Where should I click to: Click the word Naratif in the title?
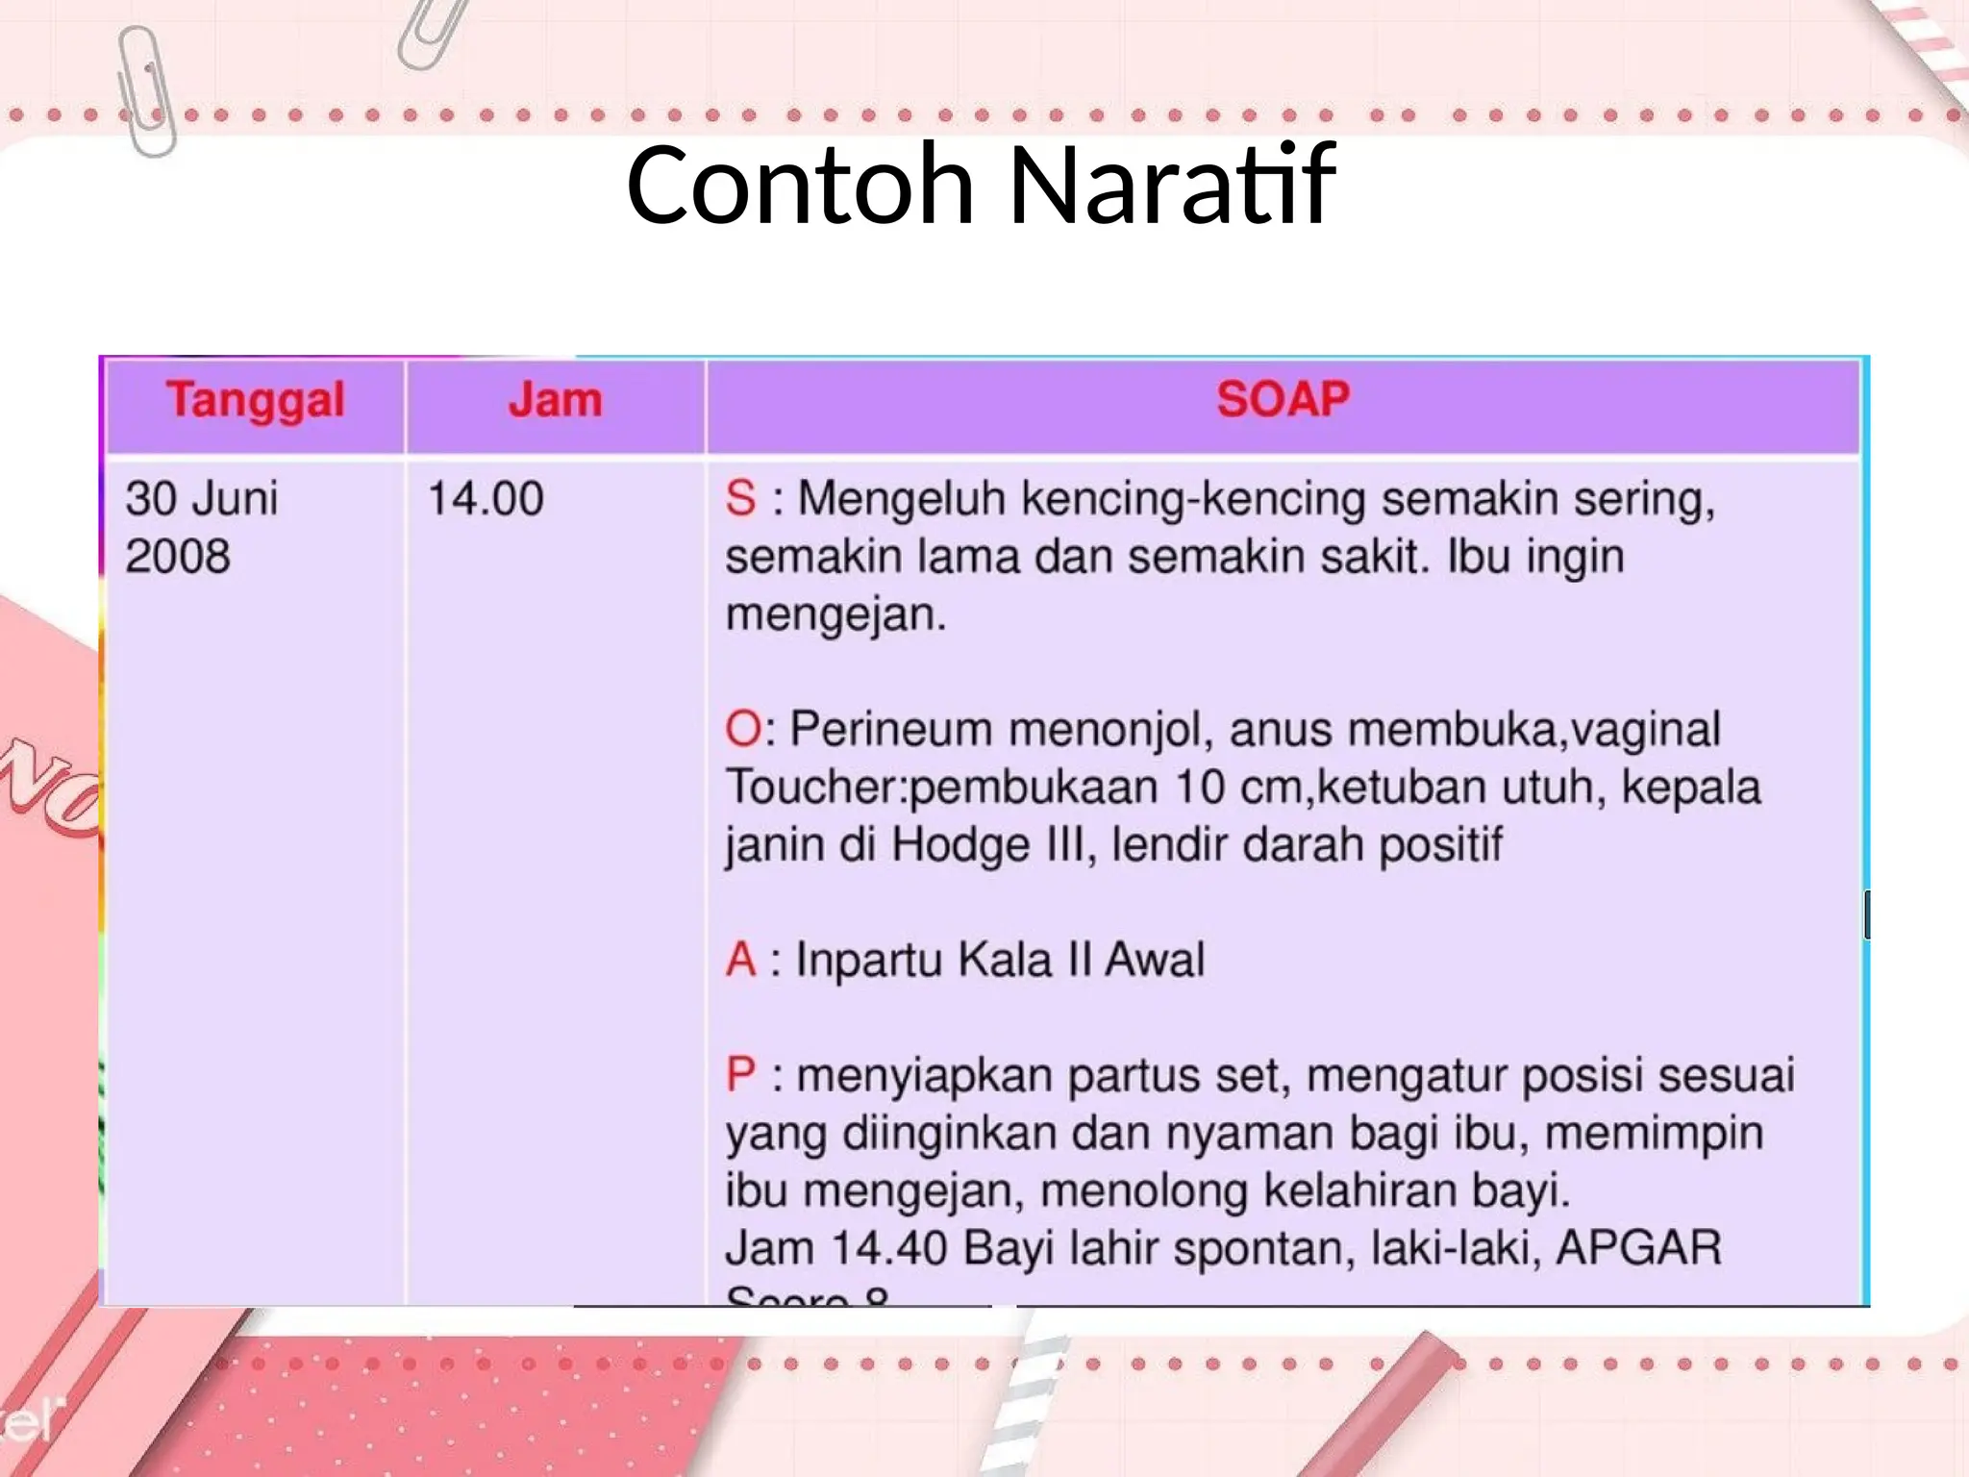[1171, 185]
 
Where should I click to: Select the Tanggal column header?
[255, 400]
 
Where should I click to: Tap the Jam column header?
[555, 400]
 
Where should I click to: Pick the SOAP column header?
[1283, 400]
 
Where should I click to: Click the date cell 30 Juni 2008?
[202, 527]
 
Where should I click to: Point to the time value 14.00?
[486, 499]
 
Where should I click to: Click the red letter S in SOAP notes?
[740, 499]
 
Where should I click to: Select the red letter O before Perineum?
[743, 729]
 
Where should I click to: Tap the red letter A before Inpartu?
[741, 960]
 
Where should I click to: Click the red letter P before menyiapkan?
[741, 1075]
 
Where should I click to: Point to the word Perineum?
[890, 729]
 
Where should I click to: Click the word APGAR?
[1638, 1248]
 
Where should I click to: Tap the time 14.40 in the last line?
[888, 1248]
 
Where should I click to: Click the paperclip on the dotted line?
[147, 91]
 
